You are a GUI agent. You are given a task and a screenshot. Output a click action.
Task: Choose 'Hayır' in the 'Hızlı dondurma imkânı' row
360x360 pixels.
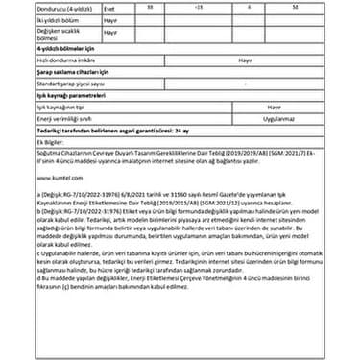coord(243,58)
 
